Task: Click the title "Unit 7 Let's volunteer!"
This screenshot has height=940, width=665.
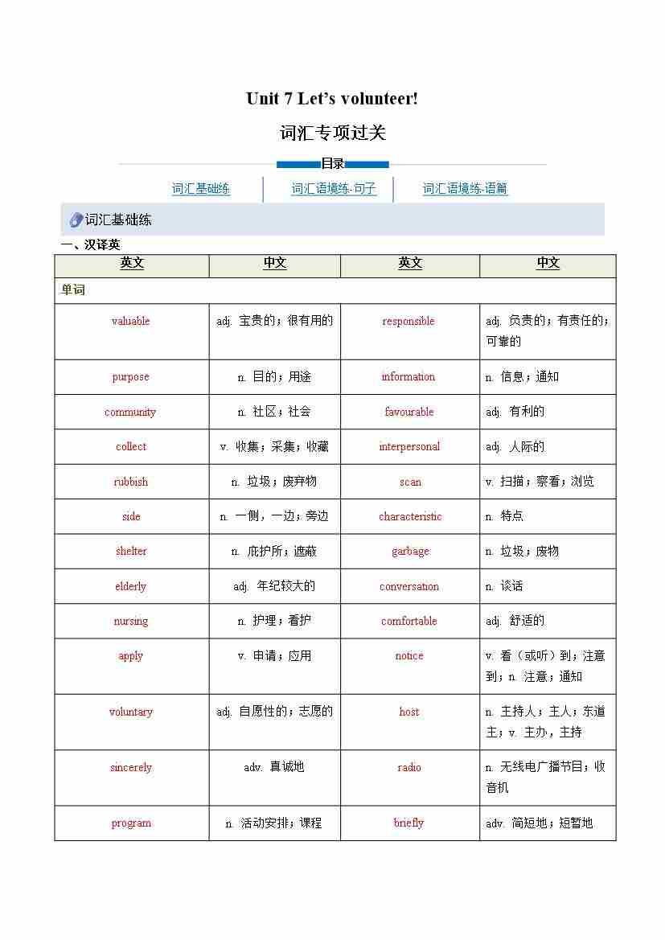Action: tap(332, 99)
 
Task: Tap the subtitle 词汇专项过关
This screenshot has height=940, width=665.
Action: tap(333, 133)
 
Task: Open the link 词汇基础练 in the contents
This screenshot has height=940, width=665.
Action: tap(201, 189)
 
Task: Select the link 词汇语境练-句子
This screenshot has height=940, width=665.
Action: tap(334, 189)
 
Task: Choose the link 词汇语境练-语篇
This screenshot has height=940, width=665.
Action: tap(465, 189)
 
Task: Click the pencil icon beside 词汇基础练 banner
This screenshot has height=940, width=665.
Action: tap(76, 220)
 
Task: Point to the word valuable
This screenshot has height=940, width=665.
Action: tap(130, 321)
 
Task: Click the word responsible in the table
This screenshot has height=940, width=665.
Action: tap(408, 321)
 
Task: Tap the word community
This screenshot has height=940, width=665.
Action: tap(130, 412)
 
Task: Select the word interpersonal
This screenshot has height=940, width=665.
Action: tap(409, 446)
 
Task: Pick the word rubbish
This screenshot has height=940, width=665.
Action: tap(130, 482)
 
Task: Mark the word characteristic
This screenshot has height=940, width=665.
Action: tap(410, 516)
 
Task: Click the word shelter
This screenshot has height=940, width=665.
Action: tap(131, 551)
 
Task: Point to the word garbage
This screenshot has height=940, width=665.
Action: tap(410, 551)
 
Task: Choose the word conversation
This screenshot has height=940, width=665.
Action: tap(409, 586)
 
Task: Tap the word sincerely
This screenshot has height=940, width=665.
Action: tap(130, 767)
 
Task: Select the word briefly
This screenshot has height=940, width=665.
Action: tap(408, 823)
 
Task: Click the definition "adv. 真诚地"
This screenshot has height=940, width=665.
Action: tap(274, 767)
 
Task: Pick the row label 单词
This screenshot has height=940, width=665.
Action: tap(73, 289)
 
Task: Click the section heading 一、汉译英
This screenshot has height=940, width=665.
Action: tap(91, 245)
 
